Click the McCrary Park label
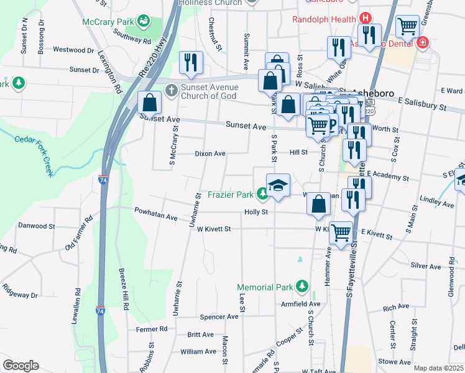(109, 22)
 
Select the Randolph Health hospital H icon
(366, 19)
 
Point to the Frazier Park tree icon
(263, 195)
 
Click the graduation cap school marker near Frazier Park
(279, 185)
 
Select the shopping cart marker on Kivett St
(341, 234)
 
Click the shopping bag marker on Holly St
(318, 204)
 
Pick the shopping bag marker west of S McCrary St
(150, 102)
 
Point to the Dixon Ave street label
(210, 153)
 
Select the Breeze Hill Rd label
(126, 290)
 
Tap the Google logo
(21, 365)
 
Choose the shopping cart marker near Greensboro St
(408, 27)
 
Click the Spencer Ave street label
(219, 316)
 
